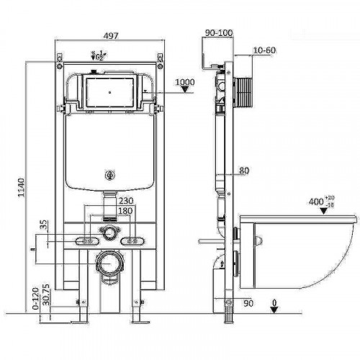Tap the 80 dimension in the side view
(x=243, y=171)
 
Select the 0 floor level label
(x=274, y=302)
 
